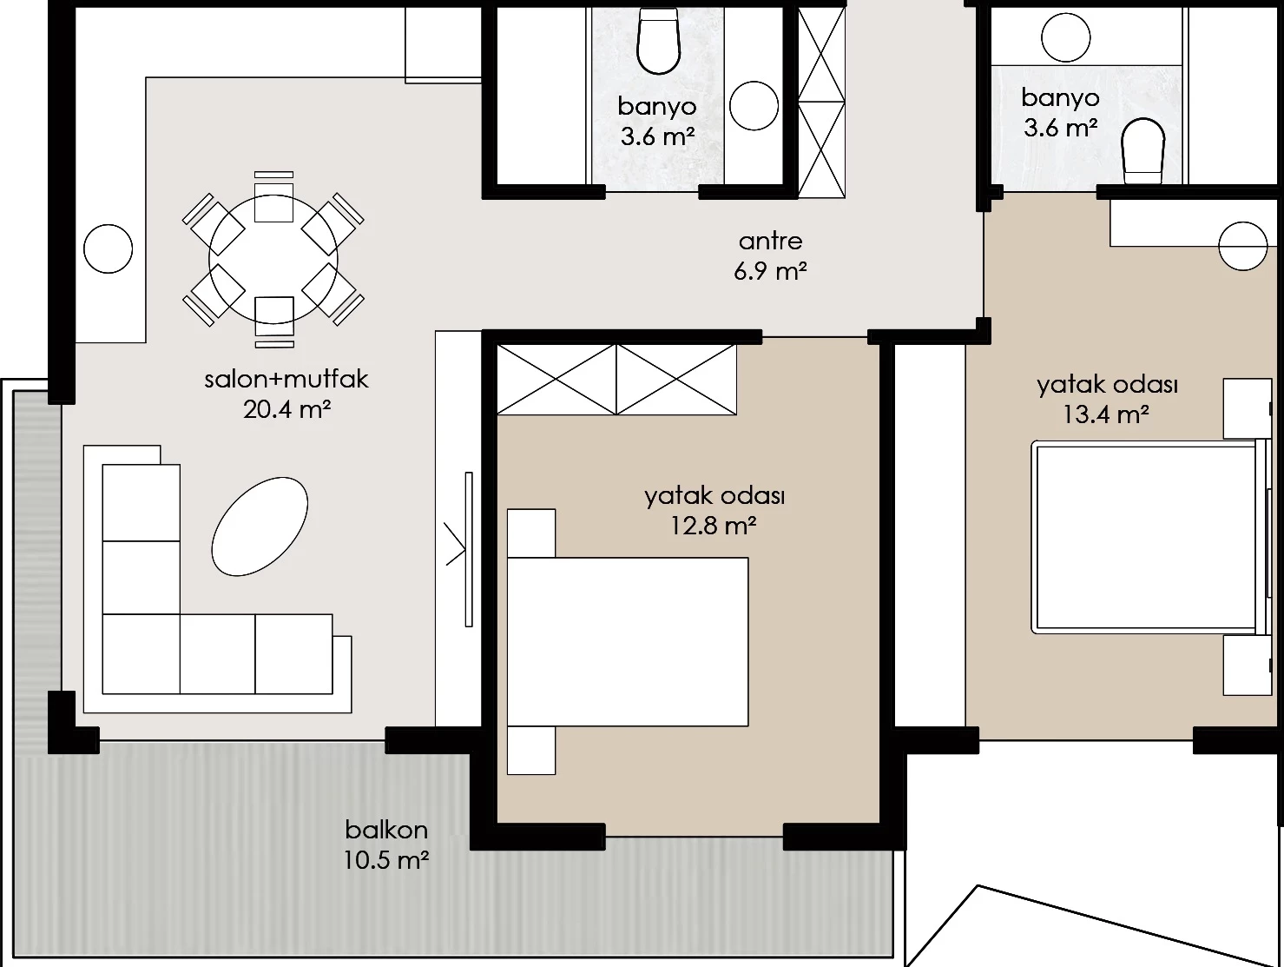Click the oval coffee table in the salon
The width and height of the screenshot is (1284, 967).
point(260,527)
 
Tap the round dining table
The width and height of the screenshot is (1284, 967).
point(273,259)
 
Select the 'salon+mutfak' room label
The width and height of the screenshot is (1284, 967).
point(286,380)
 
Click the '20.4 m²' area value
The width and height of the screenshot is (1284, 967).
point(286,409)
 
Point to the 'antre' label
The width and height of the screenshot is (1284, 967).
point(770,242)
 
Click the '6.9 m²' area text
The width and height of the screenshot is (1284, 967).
point(770,272)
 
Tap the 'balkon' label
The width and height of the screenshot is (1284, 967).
point(386,830)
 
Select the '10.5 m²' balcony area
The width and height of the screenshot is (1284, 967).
point(386,860)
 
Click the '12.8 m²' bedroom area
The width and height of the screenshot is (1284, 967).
point(713,526)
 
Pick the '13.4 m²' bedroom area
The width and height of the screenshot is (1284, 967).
point(1105,414)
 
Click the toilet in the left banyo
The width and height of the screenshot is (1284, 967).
point(659,41)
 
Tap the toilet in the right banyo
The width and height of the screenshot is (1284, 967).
point(1143,150)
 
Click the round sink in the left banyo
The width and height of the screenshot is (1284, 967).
point(754,105)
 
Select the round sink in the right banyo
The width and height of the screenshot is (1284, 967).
point(1066,37)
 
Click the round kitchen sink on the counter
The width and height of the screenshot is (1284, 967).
point(109,248)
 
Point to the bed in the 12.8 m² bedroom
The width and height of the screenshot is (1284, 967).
point(628,642)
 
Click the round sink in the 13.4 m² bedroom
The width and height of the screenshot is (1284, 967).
point(1243,246)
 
